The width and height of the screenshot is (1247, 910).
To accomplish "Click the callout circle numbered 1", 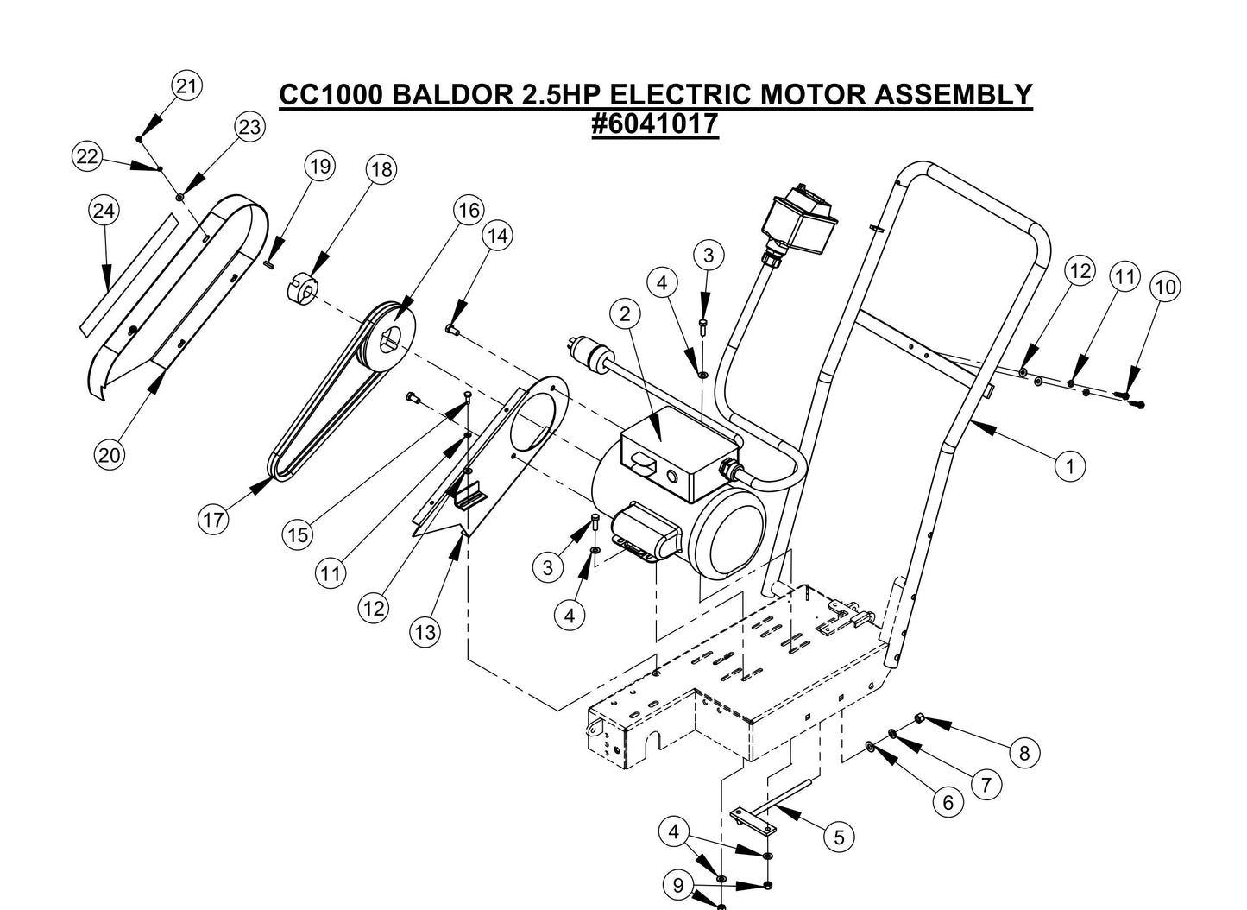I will click(x=1070, y=466).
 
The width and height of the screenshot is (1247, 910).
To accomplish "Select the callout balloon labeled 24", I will click(x=104, y=211).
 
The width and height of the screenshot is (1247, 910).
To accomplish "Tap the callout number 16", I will click(x=469, y=210).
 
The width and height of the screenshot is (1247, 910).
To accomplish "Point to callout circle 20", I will click(x=109, y=455).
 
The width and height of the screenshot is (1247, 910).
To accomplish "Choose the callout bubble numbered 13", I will click(x=425, y=632).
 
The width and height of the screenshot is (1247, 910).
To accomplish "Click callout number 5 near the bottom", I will click(x=838, y=836).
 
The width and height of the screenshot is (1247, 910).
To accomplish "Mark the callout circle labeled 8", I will click(x=1024, y=753).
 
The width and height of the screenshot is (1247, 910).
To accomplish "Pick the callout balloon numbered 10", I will click(x=1165, y=287).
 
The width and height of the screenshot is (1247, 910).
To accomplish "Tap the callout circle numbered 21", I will click(x=187, y=85).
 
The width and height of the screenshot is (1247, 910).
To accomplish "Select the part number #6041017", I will click(x=655, y=123).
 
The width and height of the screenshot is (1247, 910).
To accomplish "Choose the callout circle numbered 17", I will click(x=213, y=519).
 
